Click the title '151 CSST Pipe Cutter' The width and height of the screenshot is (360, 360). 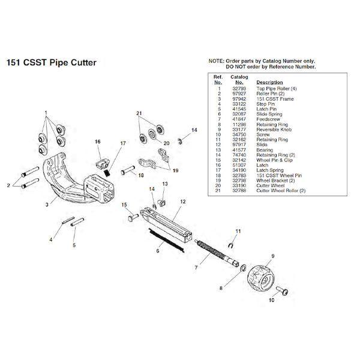[50, 62]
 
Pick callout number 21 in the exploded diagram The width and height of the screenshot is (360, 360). [139, 113]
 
